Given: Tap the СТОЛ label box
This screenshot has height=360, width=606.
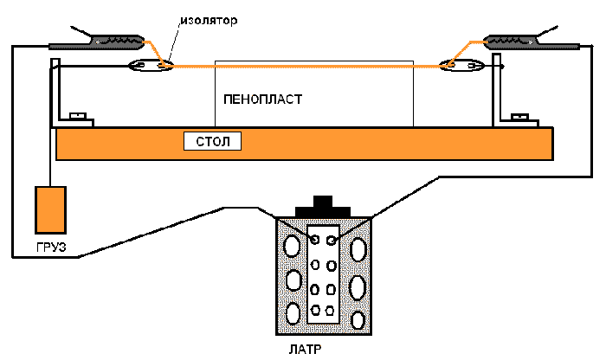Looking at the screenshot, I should click(212, 140).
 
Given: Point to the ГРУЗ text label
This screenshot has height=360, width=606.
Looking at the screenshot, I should click(51, 247).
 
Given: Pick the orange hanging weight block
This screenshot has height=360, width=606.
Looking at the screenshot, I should click(50, 209).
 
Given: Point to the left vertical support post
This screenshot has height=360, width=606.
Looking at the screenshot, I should click(55, 91).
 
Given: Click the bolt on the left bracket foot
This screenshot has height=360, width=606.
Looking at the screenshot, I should click(76, 115).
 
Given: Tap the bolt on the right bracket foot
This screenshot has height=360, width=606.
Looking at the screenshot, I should click(520, 115).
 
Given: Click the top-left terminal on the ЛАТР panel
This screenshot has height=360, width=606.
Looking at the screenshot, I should click(315, 239).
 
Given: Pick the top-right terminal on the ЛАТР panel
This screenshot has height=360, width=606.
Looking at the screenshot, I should click(331, 239).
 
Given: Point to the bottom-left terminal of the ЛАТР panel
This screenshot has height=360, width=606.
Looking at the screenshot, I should click(315, 309).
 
